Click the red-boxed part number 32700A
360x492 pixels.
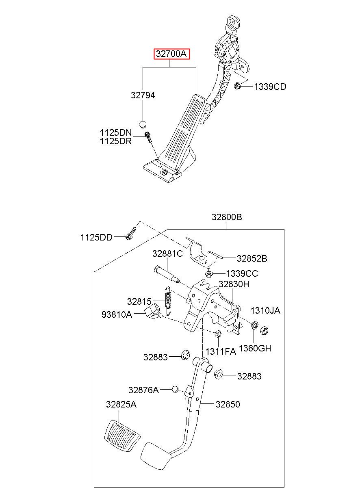tap(171, 54)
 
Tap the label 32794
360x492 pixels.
tap(143, 95)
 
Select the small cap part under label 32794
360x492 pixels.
tap(143, 124)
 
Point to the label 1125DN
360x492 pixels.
tap(116, 133)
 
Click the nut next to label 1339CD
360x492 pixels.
tap(236, 85)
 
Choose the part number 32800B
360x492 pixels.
tap(227, 217)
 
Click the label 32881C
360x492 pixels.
tap(167, 254)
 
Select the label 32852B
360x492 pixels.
tap(252, 258)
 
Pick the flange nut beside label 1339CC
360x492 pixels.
tap(209, 274)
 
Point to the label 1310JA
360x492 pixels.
tap(265, 310)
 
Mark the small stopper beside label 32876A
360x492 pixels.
tap(175, 389)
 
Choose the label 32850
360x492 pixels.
tap(228, 404)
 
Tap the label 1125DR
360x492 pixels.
tap(116, 141)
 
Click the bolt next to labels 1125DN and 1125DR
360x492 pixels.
tap(148, 137)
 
